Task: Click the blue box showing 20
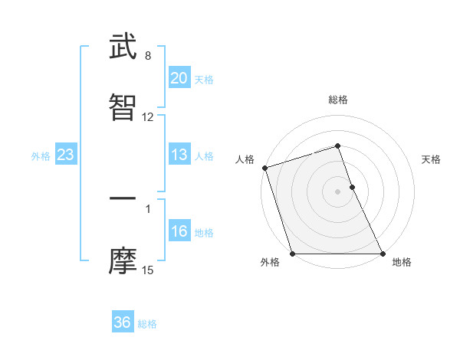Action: coord(179,78)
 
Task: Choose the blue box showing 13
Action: coord(179,155)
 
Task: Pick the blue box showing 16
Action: coord(179,231)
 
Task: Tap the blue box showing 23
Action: coord(65,155)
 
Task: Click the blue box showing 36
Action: coord(123,322)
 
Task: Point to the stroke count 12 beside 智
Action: coord(148,117)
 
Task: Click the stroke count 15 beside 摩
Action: coord(148,270)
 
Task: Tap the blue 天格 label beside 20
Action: coord(204,79)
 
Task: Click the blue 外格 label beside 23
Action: coord(41,156)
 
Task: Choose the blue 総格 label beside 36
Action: coord(147,324)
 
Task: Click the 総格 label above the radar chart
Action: coord(338,100)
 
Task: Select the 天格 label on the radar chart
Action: coord(431,159)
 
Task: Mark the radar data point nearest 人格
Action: coord(264,168)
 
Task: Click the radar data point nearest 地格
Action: coord(382,254)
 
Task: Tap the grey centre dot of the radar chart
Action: coord(338,191)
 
